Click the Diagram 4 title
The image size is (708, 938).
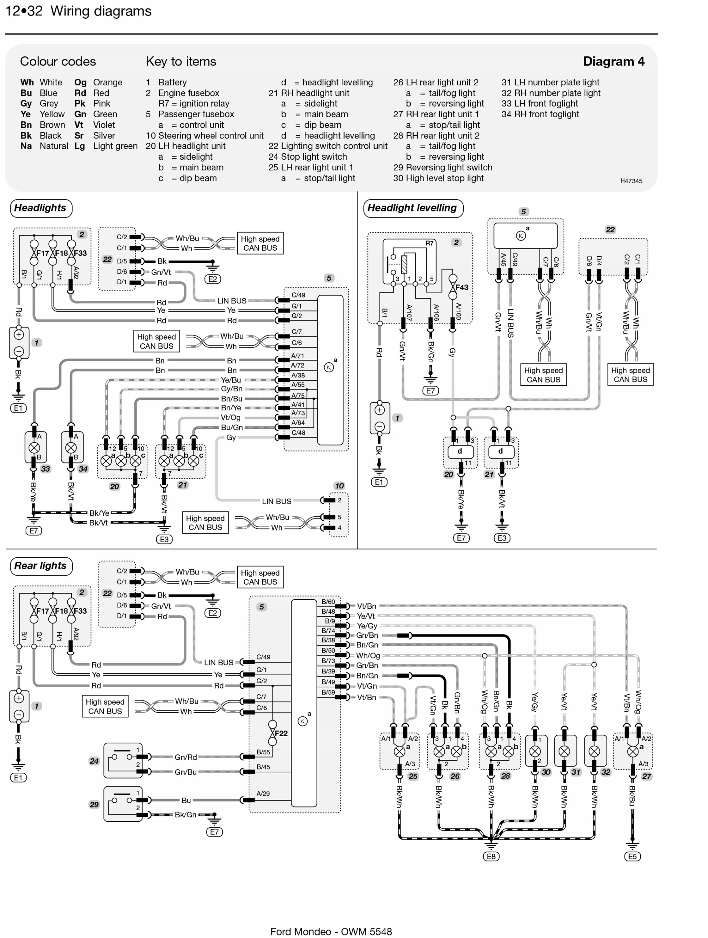point(613,62)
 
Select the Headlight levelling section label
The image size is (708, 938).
point(412,208)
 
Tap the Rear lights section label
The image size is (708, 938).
point(40,566)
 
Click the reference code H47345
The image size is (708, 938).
point(631,181)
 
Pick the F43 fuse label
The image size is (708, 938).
point(462,288)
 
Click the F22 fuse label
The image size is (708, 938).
point(281,733)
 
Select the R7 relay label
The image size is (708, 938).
point(430,243)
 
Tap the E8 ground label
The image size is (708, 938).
point(491,856)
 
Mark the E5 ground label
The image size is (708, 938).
point(632,856)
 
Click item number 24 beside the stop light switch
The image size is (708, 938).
point(94,761)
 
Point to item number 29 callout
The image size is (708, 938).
point(94,804)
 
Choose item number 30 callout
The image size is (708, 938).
point(546,772)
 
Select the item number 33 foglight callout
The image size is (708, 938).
point(45,469)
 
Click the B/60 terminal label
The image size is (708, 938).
point(328,602)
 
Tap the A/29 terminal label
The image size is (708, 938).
point(263,793)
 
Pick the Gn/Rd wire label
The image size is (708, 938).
point(186,757)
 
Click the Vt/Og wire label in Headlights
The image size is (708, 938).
point(231,417)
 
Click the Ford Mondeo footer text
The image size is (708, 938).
point(331,931)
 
